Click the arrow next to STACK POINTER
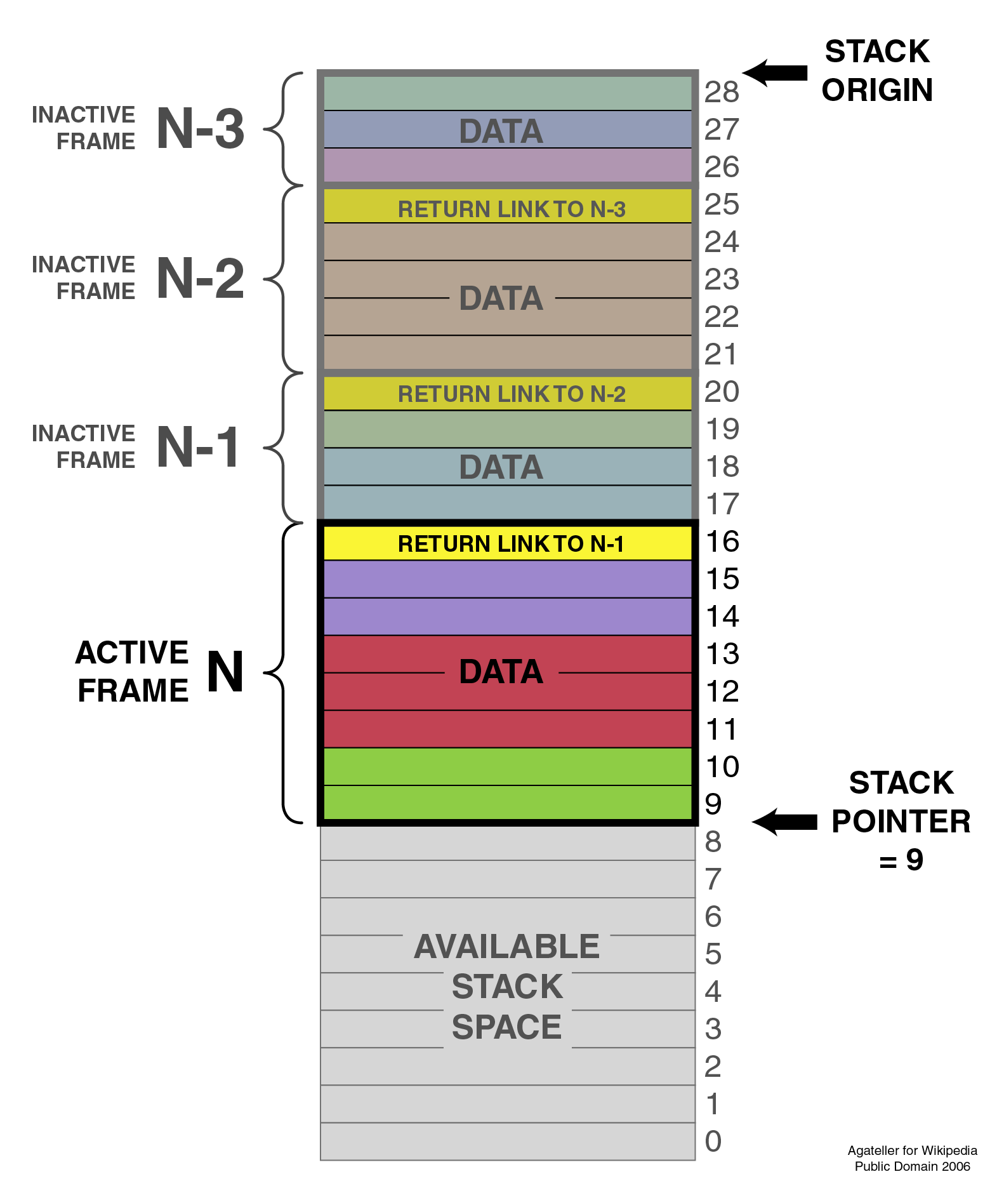coord(784,822)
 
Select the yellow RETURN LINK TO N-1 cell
coord(508,543)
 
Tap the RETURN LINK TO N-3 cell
coord(508,208)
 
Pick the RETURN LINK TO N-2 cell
coord(508,394)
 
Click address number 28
coord(722,93)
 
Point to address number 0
coord(713,1141)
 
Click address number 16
coord(722,542)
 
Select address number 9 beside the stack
coord(713,804)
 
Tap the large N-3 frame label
coord(200,129)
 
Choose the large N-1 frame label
coord(199,447)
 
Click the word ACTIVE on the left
coord(132,652)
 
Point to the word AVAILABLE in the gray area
coord(506,946)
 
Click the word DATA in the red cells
coord(501,672)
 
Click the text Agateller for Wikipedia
coord(912,1150)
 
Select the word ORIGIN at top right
coord(877,90)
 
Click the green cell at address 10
coord(508,766)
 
